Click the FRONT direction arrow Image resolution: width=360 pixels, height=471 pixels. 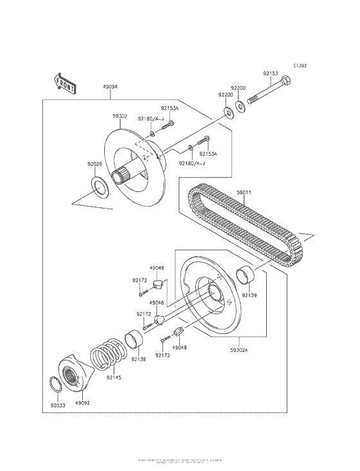point(66,83)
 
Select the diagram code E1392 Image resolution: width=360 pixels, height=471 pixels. point(300,66)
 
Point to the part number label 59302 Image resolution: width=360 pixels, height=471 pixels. point(120,116)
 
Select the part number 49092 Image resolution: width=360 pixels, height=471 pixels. point(82,403)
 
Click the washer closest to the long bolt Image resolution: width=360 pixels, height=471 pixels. point(239,104)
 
